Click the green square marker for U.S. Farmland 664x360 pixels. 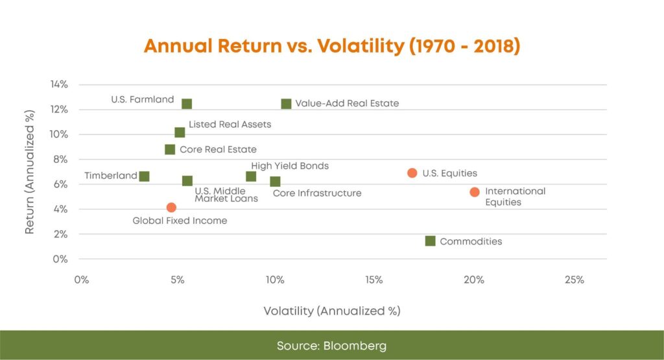[187, 104]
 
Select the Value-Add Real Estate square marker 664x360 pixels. [286, 104]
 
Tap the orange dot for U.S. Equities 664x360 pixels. [412, 173]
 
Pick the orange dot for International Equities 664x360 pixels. [475, 192]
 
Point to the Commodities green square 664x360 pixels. [430, 241]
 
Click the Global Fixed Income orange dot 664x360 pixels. [171, 208]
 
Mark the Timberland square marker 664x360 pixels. [145, 176]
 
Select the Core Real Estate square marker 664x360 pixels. [170, 150]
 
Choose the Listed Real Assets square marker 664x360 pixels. [180, 133]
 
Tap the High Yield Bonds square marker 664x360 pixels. [251, 176]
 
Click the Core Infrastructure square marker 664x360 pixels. [275, 182]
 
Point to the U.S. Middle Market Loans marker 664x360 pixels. [187, 181]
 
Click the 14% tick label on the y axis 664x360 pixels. [59, 84]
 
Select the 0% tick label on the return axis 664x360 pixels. [61, 259]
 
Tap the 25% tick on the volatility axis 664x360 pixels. [575, 280]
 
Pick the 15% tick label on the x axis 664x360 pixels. [374, 280]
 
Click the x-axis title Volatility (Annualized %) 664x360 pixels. [332, 311]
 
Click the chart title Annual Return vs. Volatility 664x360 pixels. [332, 47]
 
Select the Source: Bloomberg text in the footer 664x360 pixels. [332, 345]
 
